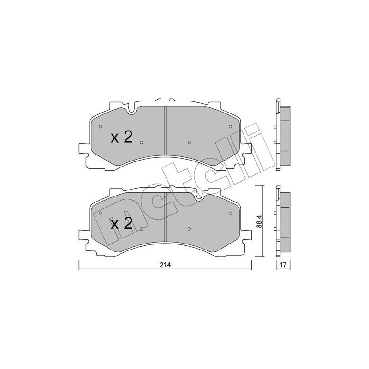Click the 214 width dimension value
[165, 264]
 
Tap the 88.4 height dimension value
[259, 221]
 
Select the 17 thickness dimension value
[283, 264]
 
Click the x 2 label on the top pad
[122, 137]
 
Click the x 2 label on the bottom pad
[122, 223]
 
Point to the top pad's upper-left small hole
[100, 126]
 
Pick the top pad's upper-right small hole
[230, 126]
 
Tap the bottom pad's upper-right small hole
[230, 213]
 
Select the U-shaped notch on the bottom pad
[199, 196]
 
